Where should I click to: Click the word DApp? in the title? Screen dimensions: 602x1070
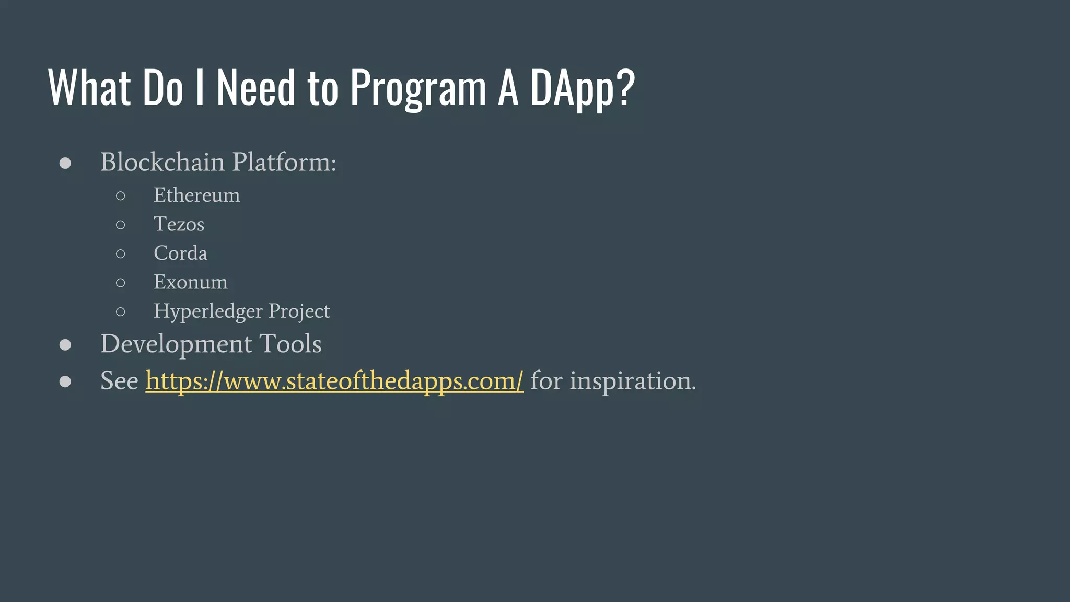pos(582,88)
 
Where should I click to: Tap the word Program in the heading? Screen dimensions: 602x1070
pos(418,88)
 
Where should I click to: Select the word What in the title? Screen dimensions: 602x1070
pos(89,88)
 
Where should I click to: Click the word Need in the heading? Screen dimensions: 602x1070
pos(256,88)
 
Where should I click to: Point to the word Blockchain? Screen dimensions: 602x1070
pos(162,162)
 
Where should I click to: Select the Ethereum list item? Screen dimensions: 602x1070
pos(197,195)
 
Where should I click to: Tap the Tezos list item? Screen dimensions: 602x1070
pos(179,224)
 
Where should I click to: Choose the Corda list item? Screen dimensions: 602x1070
pos(180,253)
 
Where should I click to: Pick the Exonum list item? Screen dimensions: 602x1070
pos(191,282)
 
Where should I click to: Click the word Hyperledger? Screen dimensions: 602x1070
pos(208,311)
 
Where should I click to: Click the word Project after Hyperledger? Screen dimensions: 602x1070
pos(299,311)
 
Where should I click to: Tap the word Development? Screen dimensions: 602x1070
pos(176,344)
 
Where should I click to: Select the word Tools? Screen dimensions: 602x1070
pos(290,344)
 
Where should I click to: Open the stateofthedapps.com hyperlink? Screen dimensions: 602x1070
pos(334,380)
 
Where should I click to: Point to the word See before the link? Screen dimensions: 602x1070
pos(119,380)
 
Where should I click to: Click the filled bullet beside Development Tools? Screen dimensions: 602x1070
pos(65,345)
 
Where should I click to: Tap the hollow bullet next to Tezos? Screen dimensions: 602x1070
pos(121,225)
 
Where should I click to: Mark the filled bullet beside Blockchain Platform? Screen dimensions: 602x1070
pos(65,163)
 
